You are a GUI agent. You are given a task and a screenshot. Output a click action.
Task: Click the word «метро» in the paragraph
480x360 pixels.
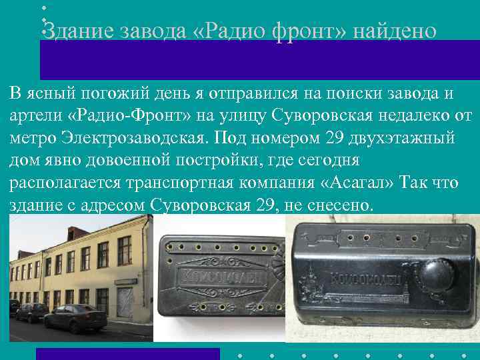point(31,138)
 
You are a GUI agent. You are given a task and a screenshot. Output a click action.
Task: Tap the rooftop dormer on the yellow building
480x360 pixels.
point(73,233)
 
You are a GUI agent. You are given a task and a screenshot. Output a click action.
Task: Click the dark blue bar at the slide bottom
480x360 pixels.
point(127,353)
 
